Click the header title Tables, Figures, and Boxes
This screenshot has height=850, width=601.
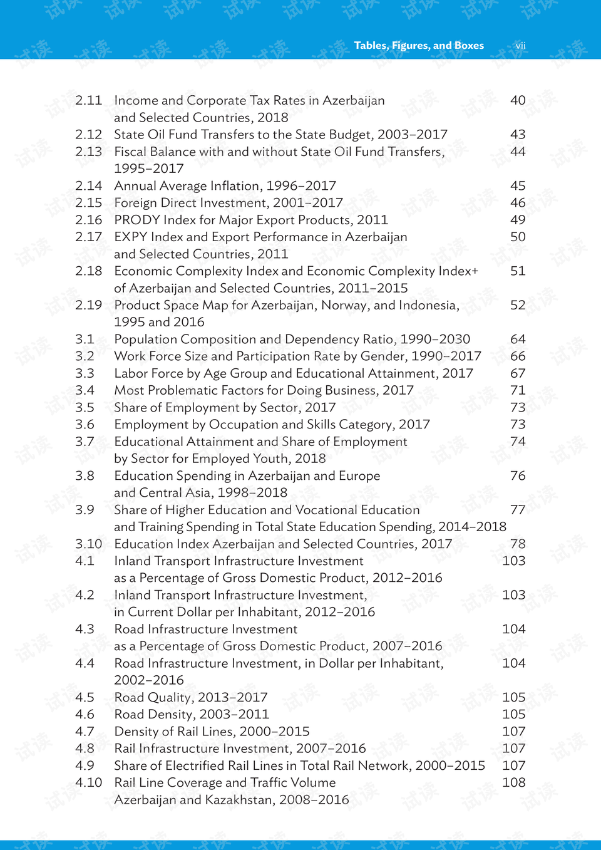click(x=419, y=45)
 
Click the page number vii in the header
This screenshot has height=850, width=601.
click(x=520, y=45)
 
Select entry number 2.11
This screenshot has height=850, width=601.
click(x=88, y=100)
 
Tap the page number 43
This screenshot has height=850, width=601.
click(x=518, y=134)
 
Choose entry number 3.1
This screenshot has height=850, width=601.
click(x=85, y=339)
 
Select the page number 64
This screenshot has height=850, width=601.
click(x=518, y=339)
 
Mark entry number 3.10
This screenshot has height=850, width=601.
click(x=88, y=544)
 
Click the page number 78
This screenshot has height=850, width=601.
click(x=518, y=544)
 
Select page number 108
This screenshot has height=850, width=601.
click(x=513, y=782)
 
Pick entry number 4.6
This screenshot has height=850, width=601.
click(x=85, y=714)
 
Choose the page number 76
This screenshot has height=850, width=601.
click(x=518, y=475)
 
